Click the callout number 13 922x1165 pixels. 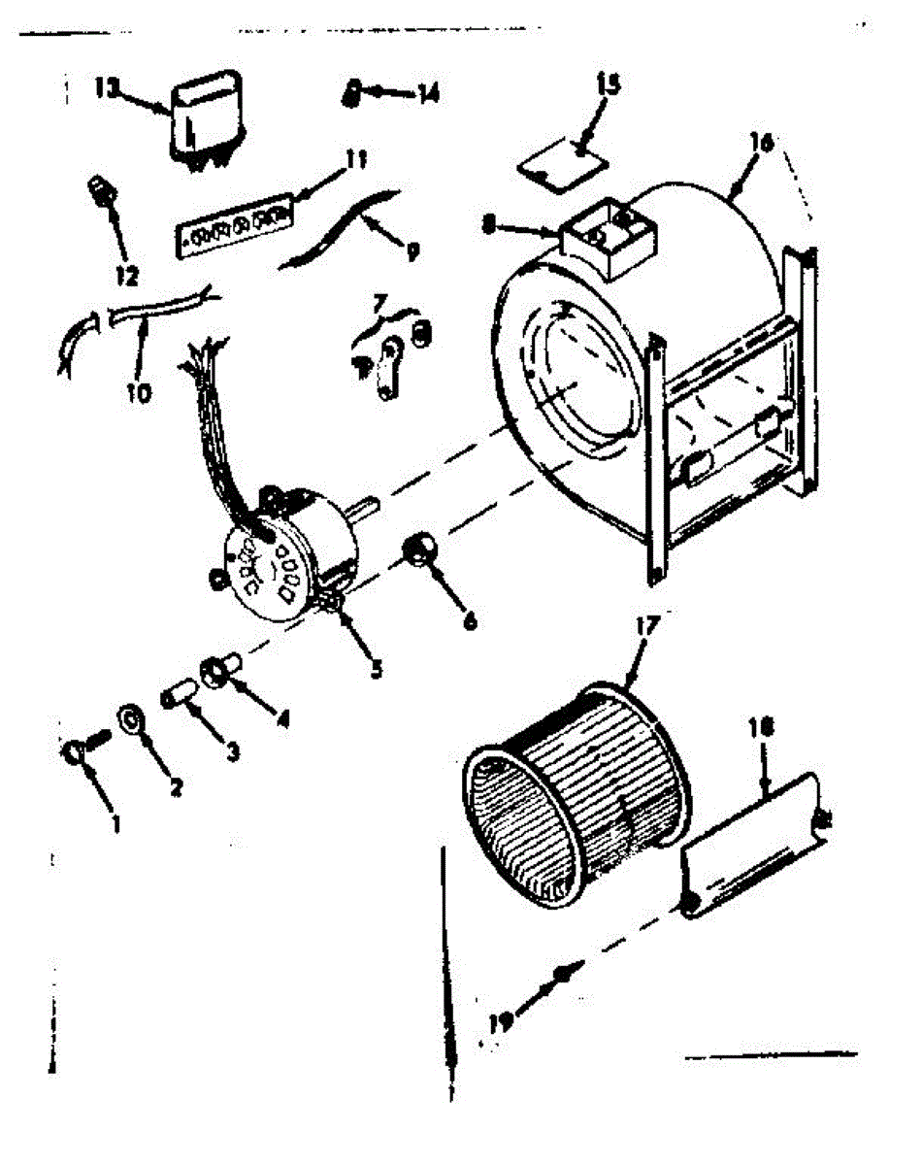[x=107, y=87]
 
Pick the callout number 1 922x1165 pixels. [x=115, y=825]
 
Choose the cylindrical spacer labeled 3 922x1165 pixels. [x=179, y=696]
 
